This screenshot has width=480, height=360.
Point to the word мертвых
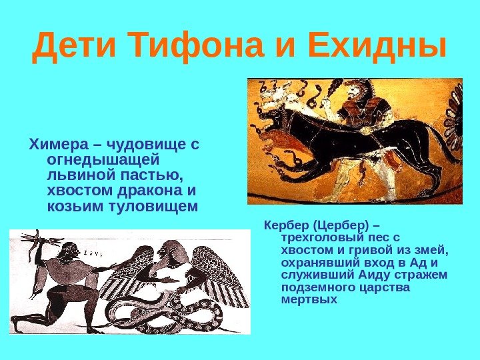(x=310, y=299)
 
